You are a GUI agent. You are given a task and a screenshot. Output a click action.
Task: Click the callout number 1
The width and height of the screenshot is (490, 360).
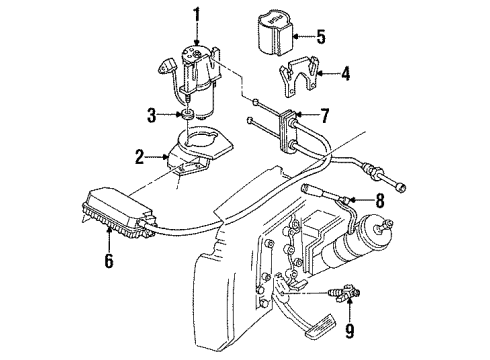(x=197, y=14)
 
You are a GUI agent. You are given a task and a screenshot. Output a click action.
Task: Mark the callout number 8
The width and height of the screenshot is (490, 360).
(x=379, y=199)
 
